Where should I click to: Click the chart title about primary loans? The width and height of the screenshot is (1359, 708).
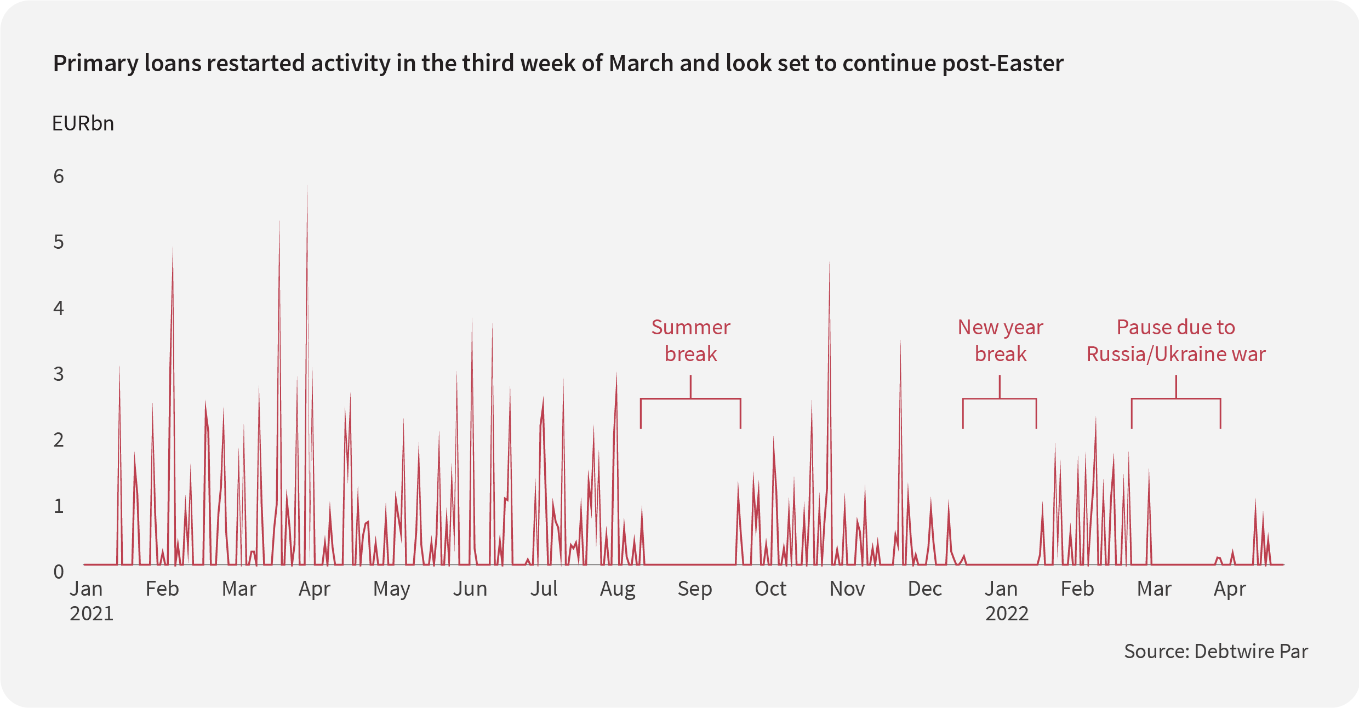coord(558,64)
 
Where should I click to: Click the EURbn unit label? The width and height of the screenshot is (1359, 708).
coord(83,124)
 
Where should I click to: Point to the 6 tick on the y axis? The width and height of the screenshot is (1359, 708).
coord(59,176)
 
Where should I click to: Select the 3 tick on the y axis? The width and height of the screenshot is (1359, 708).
coord(59,374)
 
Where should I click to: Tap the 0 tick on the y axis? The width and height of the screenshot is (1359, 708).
coord(59,572)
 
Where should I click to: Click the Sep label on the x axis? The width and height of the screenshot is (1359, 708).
coord(694,589)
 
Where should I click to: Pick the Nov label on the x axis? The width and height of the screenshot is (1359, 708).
coord(847,589)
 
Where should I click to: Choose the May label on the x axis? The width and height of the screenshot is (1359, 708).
coord(391,589)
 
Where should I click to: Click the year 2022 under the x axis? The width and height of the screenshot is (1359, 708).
coord(1007,614)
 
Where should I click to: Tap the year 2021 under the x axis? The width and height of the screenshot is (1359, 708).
coord(92,614)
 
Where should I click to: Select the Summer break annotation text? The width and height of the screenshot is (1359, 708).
coord(690,341)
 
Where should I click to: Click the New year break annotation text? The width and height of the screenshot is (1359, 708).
coord(1000,341)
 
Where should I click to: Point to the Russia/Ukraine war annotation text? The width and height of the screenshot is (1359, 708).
coord(1176,341)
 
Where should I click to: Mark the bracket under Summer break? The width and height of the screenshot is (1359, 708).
coord(690,399)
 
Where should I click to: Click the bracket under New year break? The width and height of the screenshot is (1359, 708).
coord(1000,399)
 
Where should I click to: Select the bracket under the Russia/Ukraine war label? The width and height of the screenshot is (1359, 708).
coord(1176,399)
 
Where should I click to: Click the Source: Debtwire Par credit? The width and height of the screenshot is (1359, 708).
coord(1215,652)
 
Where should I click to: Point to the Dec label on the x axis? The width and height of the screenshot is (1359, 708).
coord(924,589)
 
